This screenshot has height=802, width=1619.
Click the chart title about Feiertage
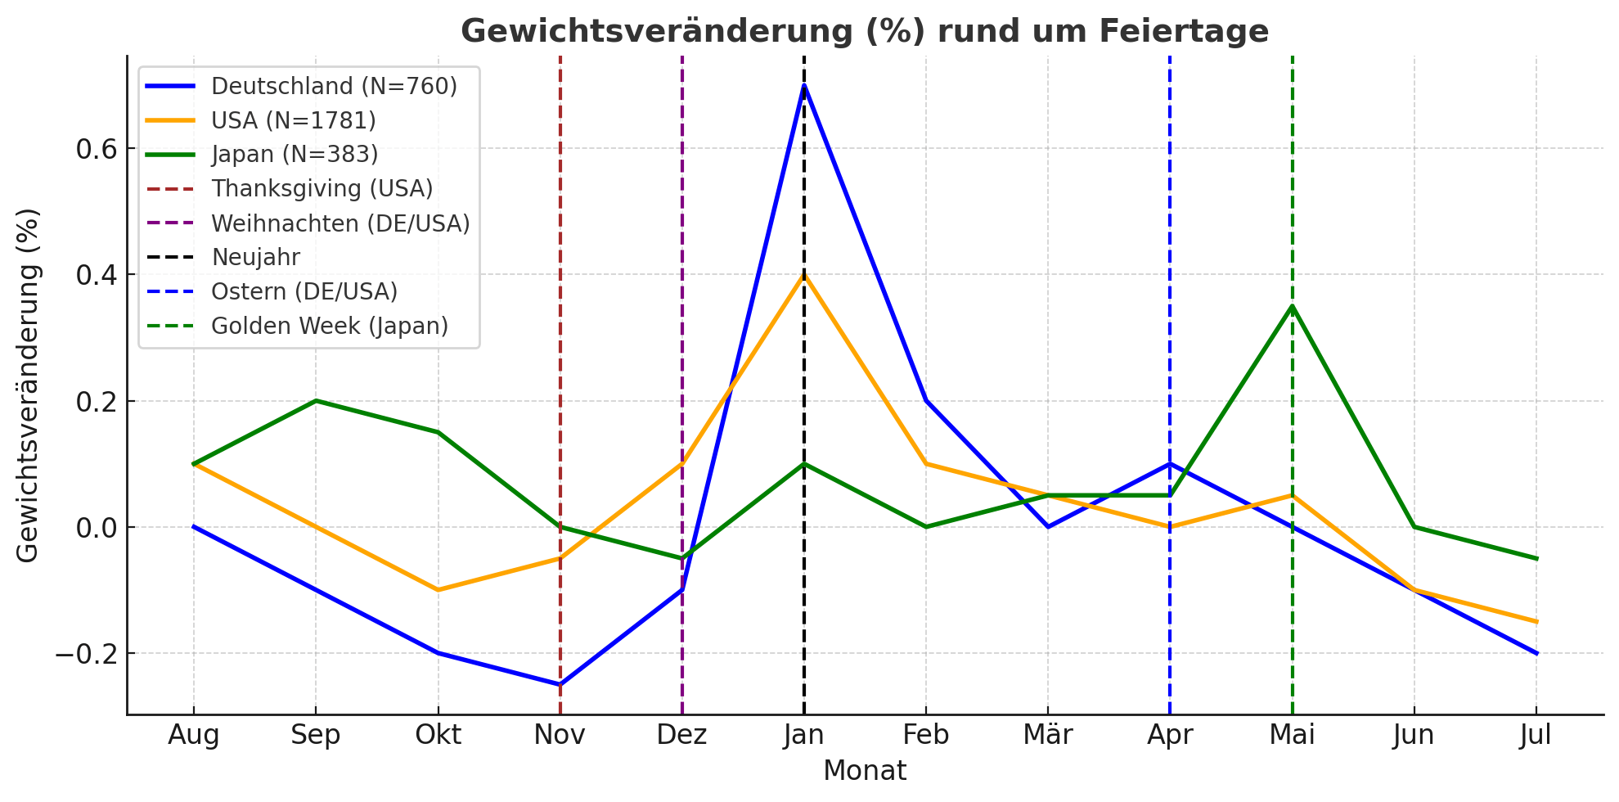(x=865, y=31)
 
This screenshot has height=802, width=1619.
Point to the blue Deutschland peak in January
(x=804, y=85)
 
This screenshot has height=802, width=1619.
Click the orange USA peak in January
(x=804, y=275)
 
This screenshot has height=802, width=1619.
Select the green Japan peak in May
(x=1292, y=306)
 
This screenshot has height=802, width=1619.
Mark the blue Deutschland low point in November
(x=560, y=684)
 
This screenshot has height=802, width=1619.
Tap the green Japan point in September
(x=316, y=401)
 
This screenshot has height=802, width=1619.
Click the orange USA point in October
(x=438, y=589)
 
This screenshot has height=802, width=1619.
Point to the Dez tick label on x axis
(x=681, y=735)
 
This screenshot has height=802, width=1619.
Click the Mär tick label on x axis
(x=1047, y=735)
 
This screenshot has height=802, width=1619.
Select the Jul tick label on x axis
(x=1535, y=735)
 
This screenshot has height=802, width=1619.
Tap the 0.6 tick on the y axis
(x=96, y=149)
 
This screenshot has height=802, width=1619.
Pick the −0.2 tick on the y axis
(x=86, y=654)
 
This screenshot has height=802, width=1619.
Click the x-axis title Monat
(x=865, y=771)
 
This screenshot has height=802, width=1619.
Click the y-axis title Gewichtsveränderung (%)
(x=28, y=385)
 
